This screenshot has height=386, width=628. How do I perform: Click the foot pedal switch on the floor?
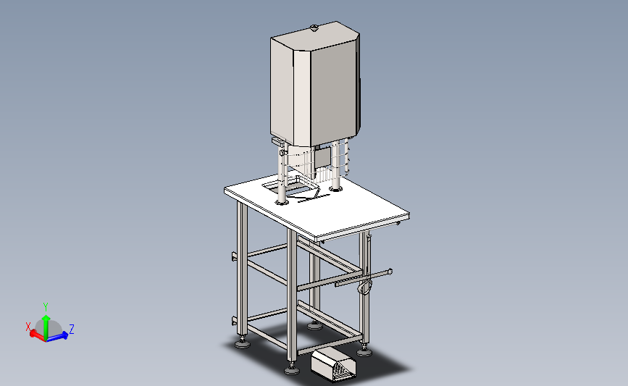[x=334, y=366]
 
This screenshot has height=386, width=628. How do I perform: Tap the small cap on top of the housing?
[x=314, y=28]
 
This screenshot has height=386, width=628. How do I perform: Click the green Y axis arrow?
[x=46, y=327]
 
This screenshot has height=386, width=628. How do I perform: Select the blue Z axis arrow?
[x=57, y=336]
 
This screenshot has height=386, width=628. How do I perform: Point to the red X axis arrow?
[x=38, y=335]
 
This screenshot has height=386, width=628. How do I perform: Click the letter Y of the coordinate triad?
[x=46, y=307]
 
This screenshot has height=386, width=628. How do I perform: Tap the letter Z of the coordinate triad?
[x=72, y=329]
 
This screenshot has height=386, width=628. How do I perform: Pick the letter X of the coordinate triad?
[x=28, y=327]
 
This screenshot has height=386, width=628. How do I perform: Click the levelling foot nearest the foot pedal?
[x=292, y=370]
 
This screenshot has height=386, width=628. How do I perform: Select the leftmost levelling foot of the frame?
[x=243, y=343]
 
